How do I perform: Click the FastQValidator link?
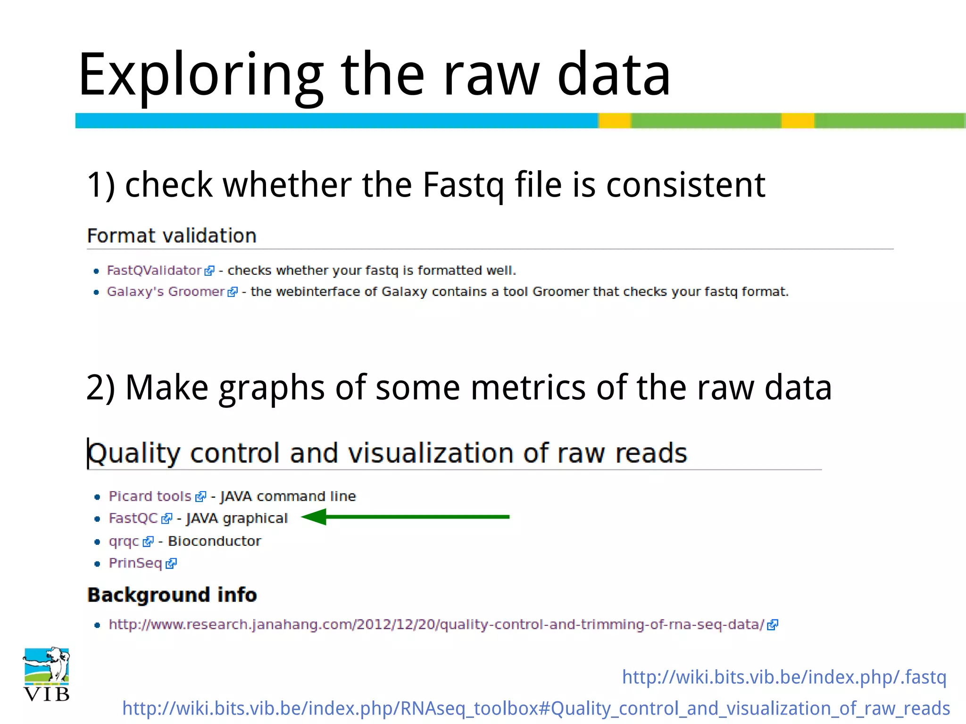point(154,271)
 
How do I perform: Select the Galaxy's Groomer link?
point(166,292)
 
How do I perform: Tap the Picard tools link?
point(150,496)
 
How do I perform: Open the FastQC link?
point(133,518)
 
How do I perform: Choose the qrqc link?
point(124,541)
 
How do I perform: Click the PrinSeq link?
point(135,563)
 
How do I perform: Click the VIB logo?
point(46,674)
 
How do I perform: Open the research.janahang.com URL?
point(436,625)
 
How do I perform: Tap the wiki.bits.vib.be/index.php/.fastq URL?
point(784,677)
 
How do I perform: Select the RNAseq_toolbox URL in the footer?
point(536,708)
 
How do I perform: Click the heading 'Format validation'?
point(172,236)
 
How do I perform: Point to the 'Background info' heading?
point(172,595)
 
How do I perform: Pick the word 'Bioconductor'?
point(215,541)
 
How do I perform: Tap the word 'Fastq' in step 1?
point(463,185)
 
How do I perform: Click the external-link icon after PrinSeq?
point(171,563)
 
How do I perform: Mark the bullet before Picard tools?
point(97,497)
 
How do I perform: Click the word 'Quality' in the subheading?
point(134,453)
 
